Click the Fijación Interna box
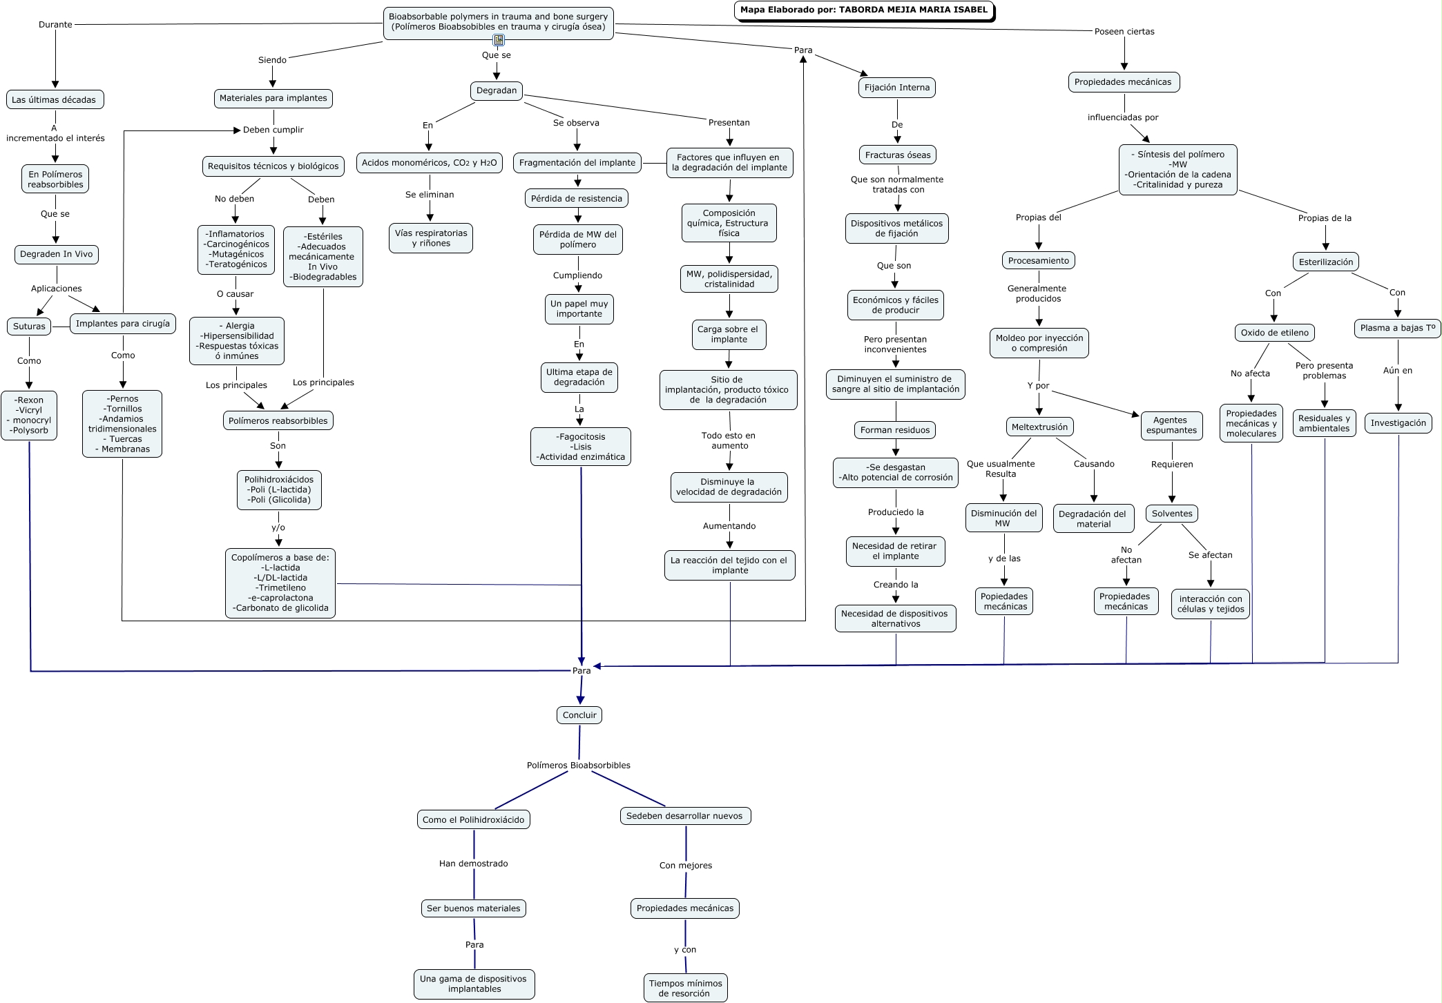coord(897,88)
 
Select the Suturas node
coord(29,327)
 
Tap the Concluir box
coord(579,715)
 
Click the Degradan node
coord(497,90)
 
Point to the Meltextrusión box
coord(1039,427)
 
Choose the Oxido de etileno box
coord(1275,333)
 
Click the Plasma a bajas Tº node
coord(1398,328)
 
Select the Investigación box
coord(1398,423)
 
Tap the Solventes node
coord(1172,514)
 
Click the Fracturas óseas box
coord(898,155)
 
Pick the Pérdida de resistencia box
coord(577,199)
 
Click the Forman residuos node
coord(895,430)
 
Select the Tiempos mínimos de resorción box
coord(686,988)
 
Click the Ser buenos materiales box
coord(474,908)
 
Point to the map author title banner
coord(865,10)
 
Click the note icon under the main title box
coord(499,40)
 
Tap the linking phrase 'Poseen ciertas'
coord(1124,32)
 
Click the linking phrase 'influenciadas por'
coord(1123,117)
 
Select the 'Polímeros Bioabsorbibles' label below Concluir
coord(579,766)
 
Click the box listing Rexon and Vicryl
coord(29,416)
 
